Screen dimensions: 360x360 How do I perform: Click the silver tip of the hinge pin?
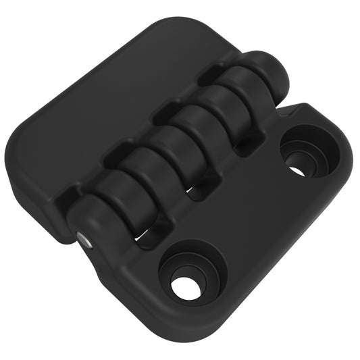[x=82, y=238]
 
